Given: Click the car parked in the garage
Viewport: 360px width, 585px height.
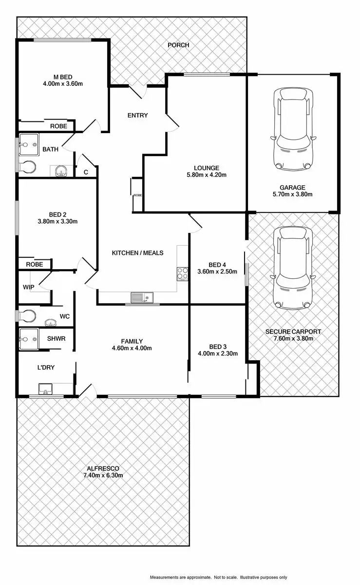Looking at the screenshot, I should click(x=292, y=129).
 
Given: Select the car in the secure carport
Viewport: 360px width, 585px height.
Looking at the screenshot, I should click(x=292, y=268).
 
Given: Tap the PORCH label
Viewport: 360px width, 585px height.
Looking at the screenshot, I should click(x=178, y=45).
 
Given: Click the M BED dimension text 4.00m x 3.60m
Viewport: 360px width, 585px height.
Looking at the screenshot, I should click(x=63, y=83).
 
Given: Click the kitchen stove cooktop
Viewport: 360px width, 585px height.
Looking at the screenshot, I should click(x=183, y=273).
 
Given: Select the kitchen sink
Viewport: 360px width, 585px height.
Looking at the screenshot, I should click(x=142, y=297).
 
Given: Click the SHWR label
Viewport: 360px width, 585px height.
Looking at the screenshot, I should click(x=57, y=338).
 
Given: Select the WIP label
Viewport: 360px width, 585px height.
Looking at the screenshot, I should click(x=29, y=287).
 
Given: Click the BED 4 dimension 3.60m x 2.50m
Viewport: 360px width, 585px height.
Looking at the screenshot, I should click(x=217, y=272).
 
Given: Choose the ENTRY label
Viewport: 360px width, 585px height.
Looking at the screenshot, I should click(x=137, y=116).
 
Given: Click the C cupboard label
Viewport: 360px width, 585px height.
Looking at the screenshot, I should click(x=86, y=172).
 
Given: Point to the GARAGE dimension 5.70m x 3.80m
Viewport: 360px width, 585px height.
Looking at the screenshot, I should click(x=292, y=194).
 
